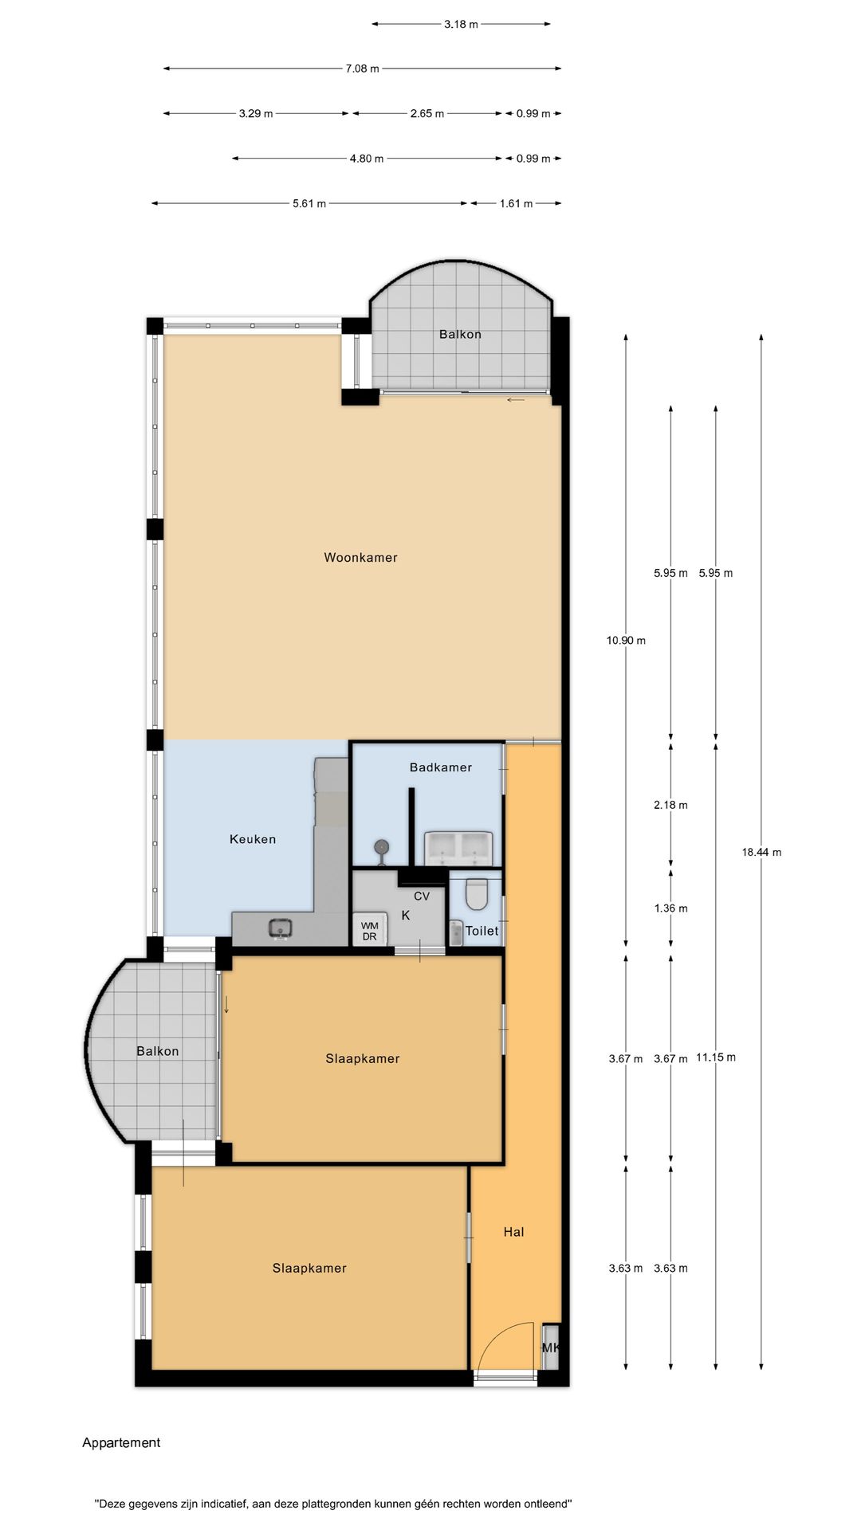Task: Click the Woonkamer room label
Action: (x=360, y=557)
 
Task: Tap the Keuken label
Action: (x=253, y=839)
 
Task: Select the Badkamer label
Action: (x=440, y=767)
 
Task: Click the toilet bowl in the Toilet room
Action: (x=477, y=893)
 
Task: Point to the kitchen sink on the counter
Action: (x=280, y=928)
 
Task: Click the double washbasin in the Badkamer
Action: (x=458, y=848)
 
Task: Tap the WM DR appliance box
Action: (x=370, y=930)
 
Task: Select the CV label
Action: (x=422, y=896)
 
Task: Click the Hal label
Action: (x=513, y=1232)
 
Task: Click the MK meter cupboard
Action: (x=550, y=1348)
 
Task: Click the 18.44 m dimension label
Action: (x=761, y=852)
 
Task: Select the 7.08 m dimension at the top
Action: (x=362, y=69)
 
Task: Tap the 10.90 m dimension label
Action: (x=626, y=640)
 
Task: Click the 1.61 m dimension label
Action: (x=516, y=203)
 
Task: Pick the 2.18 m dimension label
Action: (x=670, y=805)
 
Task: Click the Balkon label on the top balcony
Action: (x=460, y=334)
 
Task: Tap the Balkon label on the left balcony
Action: (x=157, y=1051)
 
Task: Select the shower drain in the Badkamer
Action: (x=383, y=846)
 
